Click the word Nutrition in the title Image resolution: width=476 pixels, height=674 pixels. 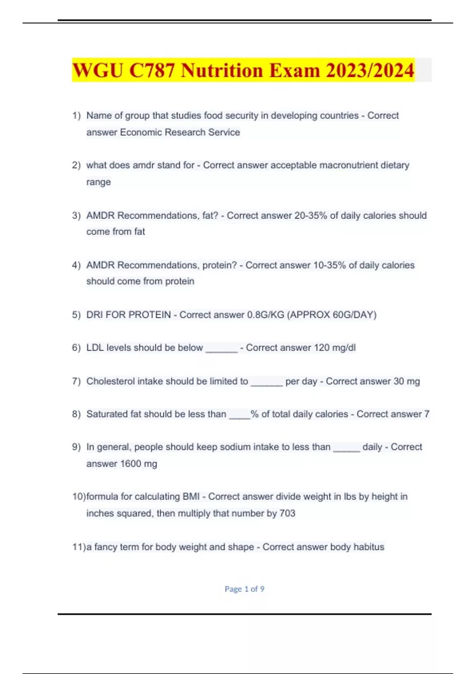pyautogui.click(x=222, y=71)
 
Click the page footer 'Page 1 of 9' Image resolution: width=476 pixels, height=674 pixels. pyautogui.click(x=244, y=589)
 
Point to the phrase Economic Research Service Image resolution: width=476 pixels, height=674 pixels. pyautogui.click(x=180, y=132)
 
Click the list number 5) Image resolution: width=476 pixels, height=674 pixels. pyautogui.click(x=76, y=315)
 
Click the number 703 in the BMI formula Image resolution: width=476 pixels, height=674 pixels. pyautogui.click(x=287, y=513)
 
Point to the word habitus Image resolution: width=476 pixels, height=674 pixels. pyautogui.click(x=369, y=547)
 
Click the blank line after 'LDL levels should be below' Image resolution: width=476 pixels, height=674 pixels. pyautogui.click(x=221, y=349)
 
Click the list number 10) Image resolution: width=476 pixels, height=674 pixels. pyautogui.click(x=79, y=497)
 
